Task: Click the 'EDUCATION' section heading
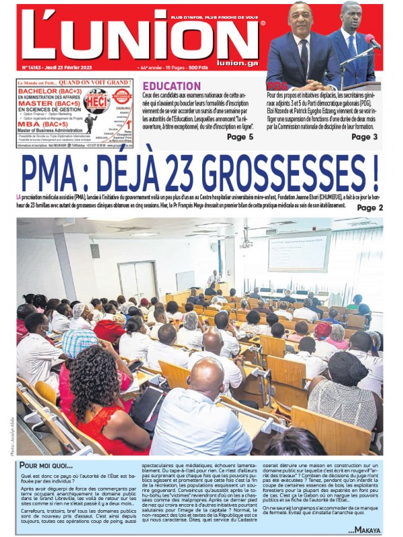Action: point(171,87)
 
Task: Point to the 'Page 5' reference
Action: point(240,137)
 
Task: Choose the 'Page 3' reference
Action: point(364,137)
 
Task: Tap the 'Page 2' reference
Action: point(370,208)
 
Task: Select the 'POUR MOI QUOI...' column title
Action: point(50,465)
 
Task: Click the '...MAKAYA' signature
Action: point(365,531)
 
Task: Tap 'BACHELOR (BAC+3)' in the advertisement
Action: point(50,91)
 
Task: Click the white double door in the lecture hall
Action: point(137,279)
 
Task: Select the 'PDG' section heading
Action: point(277,87)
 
